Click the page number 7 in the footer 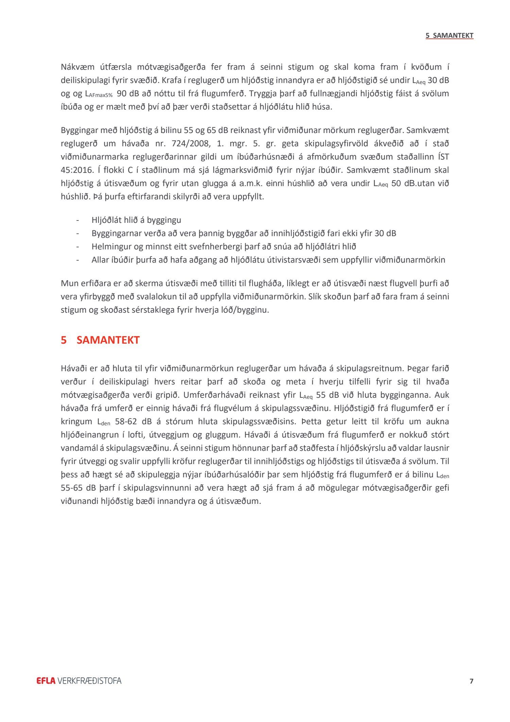click(471, 681)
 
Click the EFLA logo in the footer click(46, 681)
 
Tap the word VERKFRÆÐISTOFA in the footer click(89, 681)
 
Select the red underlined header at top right click(449, 35)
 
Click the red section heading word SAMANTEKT click(108, 340)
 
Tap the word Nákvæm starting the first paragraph click(78, 67)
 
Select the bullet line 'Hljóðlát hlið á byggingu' click(136, 220)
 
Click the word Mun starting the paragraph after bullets click(69, 283)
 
